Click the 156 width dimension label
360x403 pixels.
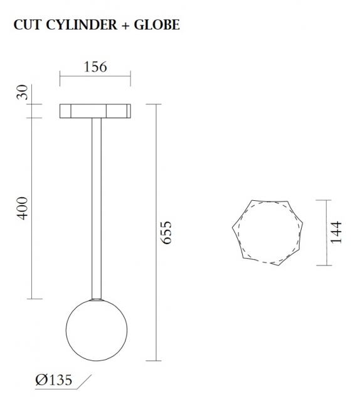pos(95,67)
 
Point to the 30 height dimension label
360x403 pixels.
pos(23,94)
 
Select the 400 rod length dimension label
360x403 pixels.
pos(23,208)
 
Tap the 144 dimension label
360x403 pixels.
pos(337,232)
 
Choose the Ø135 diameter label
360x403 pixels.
pos(54,380)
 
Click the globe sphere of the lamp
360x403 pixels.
pos(97,330)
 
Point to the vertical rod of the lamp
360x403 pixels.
pos(96,207)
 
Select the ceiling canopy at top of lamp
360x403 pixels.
pos(95,111)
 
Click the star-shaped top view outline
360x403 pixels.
pos(268,232)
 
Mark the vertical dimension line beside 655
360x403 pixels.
pos(156,232)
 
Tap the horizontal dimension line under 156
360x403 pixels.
pos(95,78)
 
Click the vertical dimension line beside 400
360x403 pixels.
pos(33,208)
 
